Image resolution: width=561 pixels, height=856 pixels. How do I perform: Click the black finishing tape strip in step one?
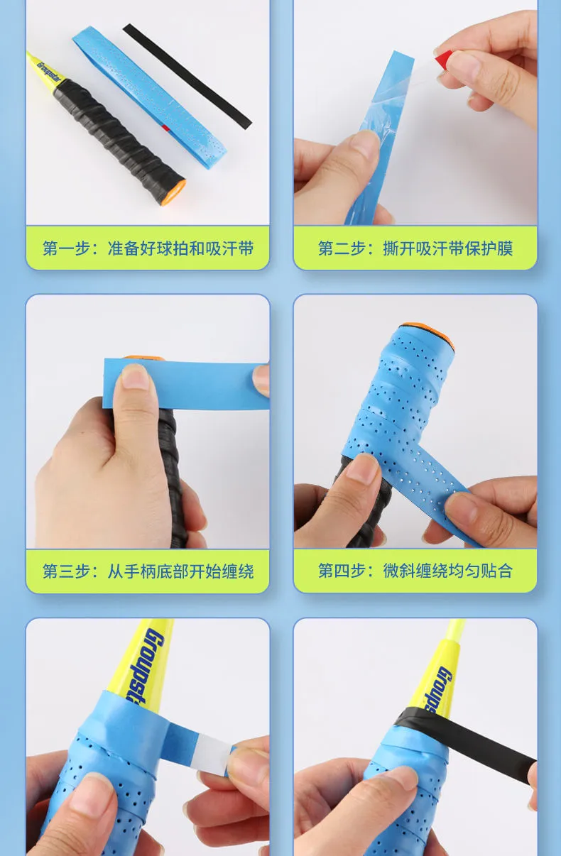(x=187, y=76)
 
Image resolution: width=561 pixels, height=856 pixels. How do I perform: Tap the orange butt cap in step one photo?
(x=175, y=193)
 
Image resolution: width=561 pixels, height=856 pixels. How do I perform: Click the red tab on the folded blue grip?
(x=165, y=127)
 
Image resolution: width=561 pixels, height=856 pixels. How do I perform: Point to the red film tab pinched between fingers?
(x=445, y=58)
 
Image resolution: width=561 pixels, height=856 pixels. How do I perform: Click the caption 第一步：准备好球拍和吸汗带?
(x=148, y=248)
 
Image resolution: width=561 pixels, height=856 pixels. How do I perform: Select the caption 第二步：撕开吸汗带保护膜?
(x=415, y=248)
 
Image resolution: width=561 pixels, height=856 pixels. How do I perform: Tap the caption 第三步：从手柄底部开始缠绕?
(x=148, y=571)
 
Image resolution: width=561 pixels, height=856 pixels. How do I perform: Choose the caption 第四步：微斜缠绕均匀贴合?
(x=415, y=571)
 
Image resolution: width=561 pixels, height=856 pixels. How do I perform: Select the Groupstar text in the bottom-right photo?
(x=437, y=691)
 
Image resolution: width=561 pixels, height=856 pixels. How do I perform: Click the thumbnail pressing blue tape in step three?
(x=135, y=376)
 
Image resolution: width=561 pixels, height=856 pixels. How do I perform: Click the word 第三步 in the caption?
(x=67, y=571)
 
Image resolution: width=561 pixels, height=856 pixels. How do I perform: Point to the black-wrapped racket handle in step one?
(x=119, y=140)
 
